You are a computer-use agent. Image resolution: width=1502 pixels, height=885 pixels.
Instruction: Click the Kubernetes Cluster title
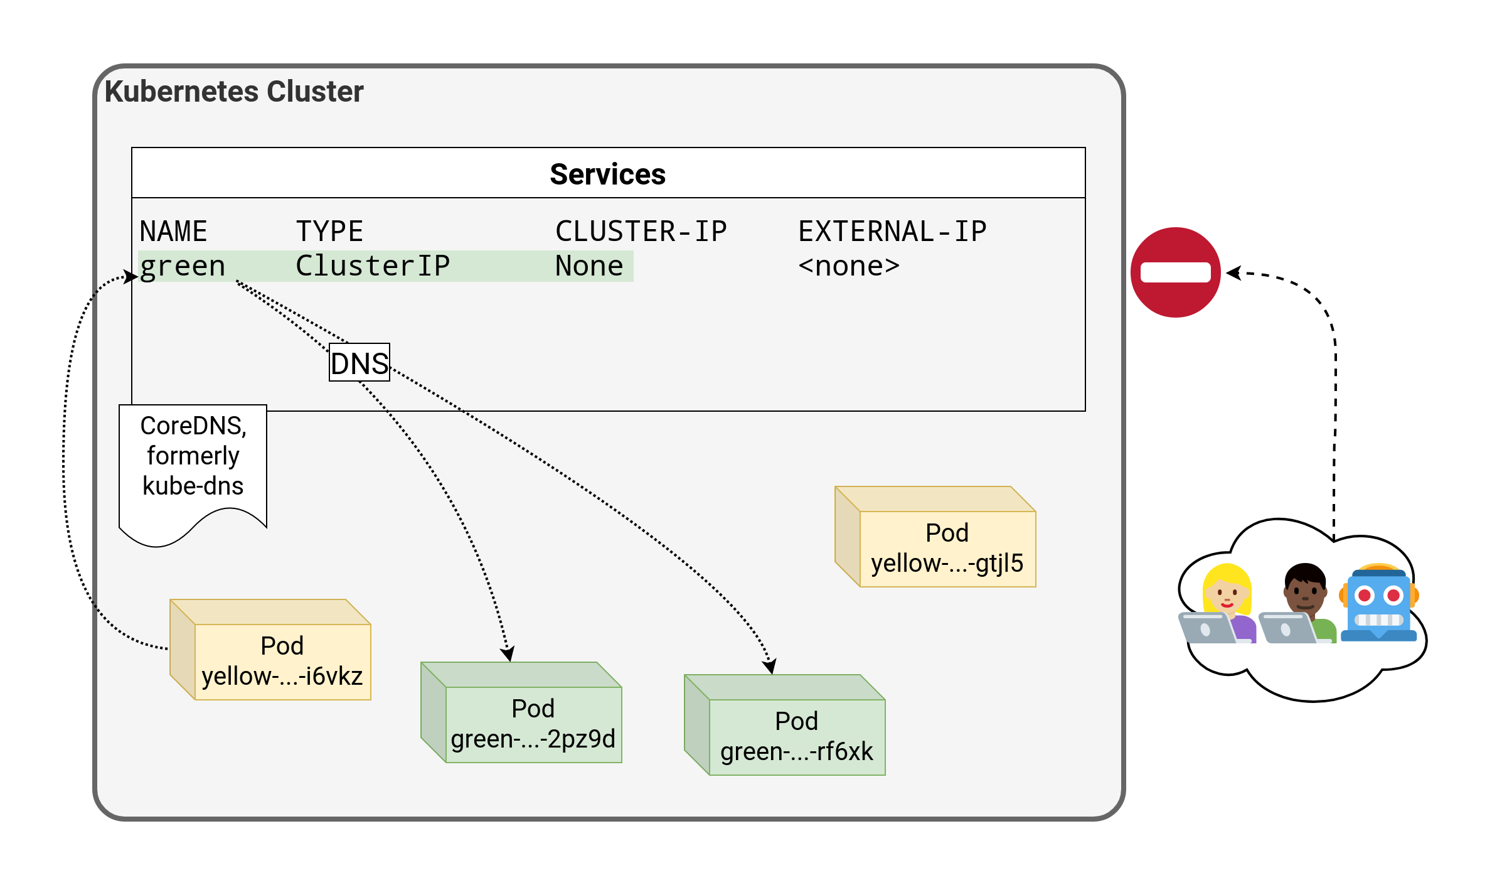pos(233,92)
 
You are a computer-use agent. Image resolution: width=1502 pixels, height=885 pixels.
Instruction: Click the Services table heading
pos(607,174)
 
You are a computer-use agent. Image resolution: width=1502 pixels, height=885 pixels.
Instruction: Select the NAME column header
pos(173,232)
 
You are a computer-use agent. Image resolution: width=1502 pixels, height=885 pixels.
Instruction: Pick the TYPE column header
pos(329,232)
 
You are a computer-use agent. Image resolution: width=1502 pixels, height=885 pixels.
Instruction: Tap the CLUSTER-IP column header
pos(641,232)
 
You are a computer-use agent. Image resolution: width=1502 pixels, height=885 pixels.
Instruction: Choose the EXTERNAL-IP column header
pos(892,232)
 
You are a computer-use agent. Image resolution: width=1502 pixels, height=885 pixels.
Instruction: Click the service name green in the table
pos(182,266)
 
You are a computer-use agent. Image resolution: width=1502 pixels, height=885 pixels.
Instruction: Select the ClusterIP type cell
pos(373,266)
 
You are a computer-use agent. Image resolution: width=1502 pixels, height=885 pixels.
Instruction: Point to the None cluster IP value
pos(589,266)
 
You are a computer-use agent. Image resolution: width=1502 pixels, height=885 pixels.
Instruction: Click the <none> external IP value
pos(849,266)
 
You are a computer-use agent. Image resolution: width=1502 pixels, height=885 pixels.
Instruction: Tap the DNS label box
pos(360,363)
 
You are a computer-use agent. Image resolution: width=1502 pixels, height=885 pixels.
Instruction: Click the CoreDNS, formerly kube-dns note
pos(193,456)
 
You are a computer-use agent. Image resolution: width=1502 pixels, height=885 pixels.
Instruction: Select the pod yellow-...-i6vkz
pos(282,661)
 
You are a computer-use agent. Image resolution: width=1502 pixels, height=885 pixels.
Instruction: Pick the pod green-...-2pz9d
pos(533,724)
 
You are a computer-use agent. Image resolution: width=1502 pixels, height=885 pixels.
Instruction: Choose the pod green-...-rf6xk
pos(796,736)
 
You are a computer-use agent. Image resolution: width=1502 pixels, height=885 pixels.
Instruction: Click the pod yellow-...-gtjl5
pos(947,548)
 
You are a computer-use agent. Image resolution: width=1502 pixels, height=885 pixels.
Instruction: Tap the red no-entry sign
pos(1175,272)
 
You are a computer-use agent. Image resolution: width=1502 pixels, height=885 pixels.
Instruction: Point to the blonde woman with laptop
pos(1221,606)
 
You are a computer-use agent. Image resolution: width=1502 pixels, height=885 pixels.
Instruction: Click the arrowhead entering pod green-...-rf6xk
pos(770,667)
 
